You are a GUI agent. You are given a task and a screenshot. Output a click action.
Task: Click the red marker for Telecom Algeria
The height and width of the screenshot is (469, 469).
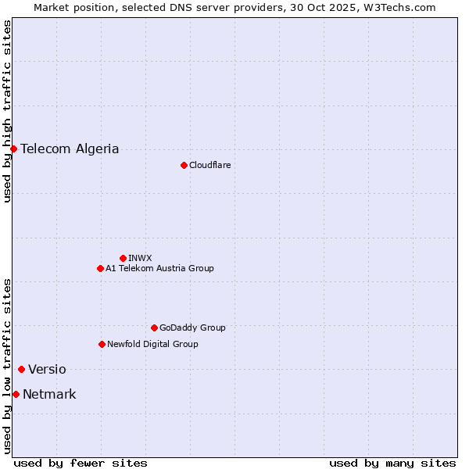click(x=13, y=149)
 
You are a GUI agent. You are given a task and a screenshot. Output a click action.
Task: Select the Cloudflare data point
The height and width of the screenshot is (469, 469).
click(x=184, y=165)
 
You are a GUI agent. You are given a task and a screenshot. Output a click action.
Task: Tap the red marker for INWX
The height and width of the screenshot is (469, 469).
click(x=123, y=258)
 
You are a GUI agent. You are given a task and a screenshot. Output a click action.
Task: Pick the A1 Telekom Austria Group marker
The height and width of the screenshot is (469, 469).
click(x=100, y=268)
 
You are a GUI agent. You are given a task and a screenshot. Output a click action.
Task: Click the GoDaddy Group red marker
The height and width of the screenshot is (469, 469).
click(x=154, y=328)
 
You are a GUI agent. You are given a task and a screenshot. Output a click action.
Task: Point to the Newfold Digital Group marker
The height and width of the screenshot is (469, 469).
click(x=102, y=344)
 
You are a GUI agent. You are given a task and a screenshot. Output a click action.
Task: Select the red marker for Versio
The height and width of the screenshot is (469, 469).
click(x=21, y=369)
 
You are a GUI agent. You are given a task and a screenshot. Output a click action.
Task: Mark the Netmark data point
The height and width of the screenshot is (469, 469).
click(x=16, y=394)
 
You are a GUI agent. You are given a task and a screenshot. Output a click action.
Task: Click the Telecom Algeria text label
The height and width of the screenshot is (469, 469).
click(x=70, y=149)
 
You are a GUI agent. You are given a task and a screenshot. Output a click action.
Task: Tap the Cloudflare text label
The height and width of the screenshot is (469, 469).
click(x=209, y=165)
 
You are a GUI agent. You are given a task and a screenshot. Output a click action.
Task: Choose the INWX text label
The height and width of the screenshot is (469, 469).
click(x=140, y=258)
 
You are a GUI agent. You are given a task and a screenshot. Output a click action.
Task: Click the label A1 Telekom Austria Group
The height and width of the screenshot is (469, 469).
click(x=159, y=268)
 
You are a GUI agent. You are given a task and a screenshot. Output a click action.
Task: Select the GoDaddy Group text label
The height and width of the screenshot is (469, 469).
click(x=192, y=328)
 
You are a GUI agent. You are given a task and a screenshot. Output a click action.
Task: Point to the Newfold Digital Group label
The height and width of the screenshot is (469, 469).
click(x=152, y=344)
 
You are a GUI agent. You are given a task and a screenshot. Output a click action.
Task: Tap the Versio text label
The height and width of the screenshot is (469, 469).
click(x=47, y=369)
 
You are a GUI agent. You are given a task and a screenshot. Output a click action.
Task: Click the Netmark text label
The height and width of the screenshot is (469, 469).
click(x=49, y=394)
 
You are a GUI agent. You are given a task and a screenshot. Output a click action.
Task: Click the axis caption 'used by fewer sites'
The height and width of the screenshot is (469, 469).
click(x=81, y=463)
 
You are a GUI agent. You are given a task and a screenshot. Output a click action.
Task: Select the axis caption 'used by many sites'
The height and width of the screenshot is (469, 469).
click(x=392, y=463)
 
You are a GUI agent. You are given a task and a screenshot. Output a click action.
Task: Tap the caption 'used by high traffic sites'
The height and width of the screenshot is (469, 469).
click(x=7, y=111)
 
